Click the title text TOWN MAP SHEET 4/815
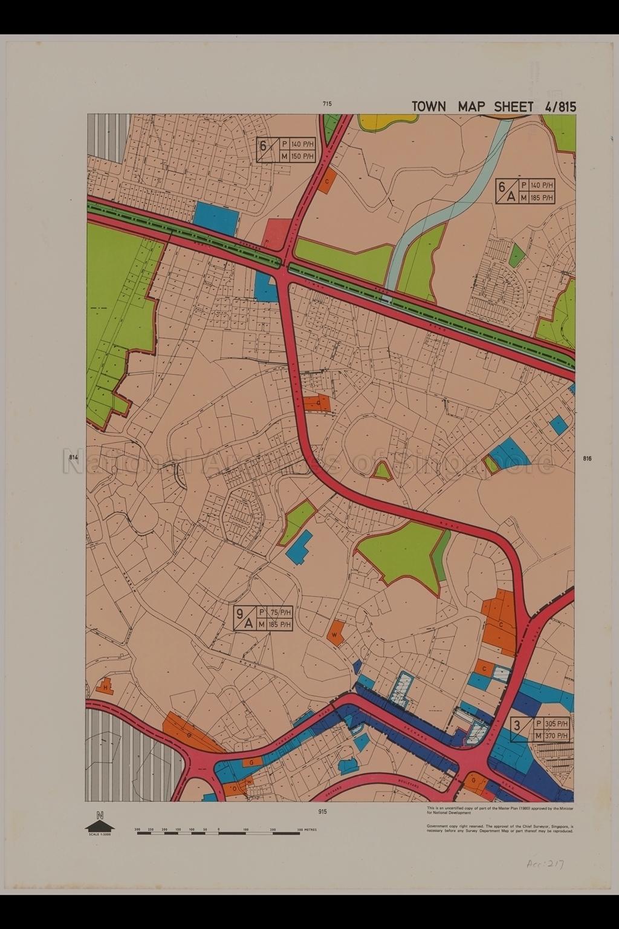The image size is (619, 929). [x=493, y=107]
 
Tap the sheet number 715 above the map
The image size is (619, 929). [x=327, y=104]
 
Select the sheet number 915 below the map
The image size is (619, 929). [x=322, y=812]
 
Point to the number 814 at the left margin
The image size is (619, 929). [x=74, y=457]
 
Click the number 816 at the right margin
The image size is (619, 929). [x=587, y=458]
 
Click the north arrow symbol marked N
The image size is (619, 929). [x=100, y=824]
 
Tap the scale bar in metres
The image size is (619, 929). [x=218, y=833]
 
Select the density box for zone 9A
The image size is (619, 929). [x=264, y=618]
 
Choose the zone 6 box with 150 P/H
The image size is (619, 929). [x=287, y=150]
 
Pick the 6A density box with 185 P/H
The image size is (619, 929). [x=525, y=191]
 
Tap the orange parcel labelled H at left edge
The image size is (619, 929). [x=105, y=687]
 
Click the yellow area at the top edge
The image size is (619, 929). [x=387, y=121]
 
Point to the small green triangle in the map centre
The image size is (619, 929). [x=382, y=470]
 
